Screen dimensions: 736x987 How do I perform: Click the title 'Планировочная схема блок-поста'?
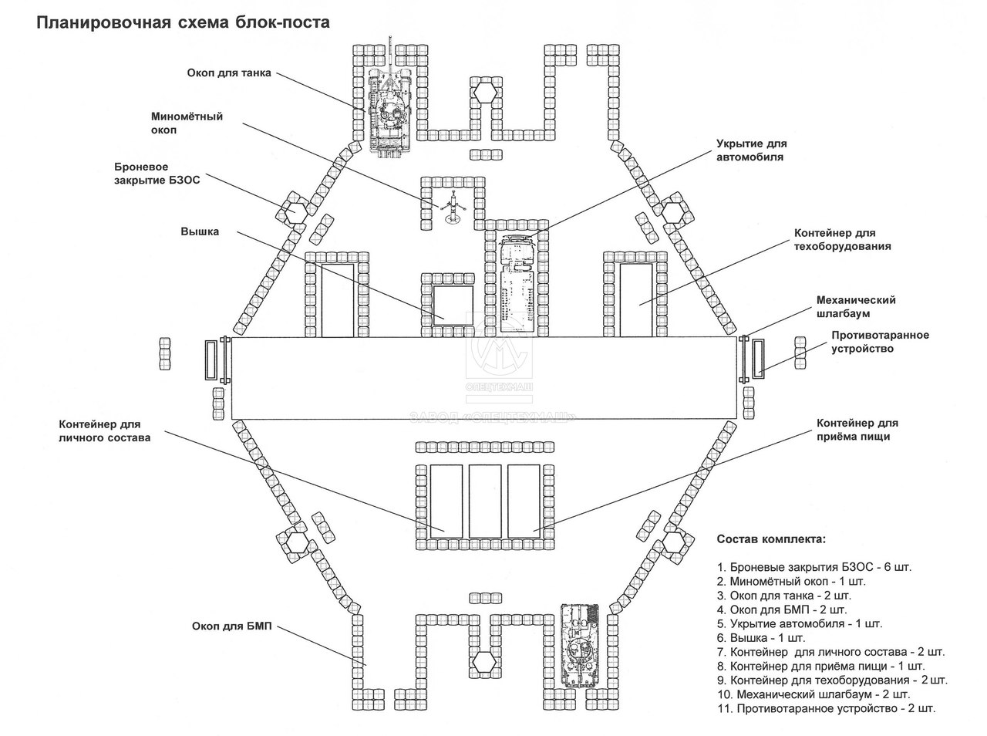184,22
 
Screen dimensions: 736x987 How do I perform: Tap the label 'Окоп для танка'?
229,74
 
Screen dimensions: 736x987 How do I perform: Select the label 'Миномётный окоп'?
187,123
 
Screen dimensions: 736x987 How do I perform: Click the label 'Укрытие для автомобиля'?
752,150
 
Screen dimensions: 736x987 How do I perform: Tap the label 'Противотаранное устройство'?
880,342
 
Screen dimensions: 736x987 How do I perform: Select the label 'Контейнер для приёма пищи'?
857,430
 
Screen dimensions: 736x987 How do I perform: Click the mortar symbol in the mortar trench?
453,209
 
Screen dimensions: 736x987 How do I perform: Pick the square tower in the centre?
451,303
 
